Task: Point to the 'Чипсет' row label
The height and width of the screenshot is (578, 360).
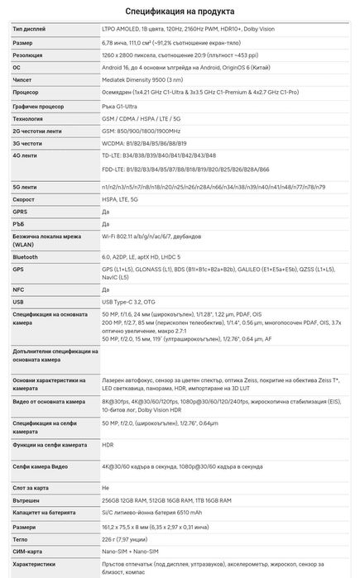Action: [22, 81]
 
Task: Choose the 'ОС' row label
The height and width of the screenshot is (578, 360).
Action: [17, 68]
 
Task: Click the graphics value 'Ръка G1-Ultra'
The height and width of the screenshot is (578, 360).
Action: [122, 106]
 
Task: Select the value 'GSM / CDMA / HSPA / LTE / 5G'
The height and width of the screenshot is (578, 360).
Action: [147, 118]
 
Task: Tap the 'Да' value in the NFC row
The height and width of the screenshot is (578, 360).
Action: [105, 289]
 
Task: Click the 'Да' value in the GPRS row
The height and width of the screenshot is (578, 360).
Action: [105, 212]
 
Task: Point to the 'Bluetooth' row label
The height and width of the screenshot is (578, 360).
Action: [26, 257]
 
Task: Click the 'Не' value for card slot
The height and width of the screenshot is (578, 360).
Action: [105, 487]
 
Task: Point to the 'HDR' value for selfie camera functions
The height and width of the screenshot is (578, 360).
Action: [108, 444]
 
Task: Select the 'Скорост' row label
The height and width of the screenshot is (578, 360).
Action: [25, 199]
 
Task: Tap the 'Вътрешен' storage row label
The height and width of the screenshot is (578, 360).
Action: [26, 500]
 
